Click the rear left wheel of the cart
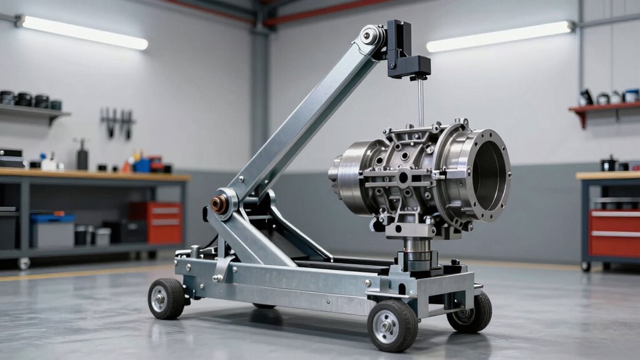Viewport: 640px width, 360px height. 167,299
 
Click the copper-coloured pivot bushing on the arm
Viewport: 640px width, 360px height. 219,204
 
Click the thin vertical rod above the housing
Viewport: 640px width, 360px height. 421,100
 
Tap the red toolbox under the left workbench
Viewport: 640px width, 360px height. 157,222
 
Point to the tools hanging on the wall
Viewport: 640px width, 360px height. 118,121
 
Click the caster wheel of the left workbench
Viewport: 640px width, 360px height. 24,264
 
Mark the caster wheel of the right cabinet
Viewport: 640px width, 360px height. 586,266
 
